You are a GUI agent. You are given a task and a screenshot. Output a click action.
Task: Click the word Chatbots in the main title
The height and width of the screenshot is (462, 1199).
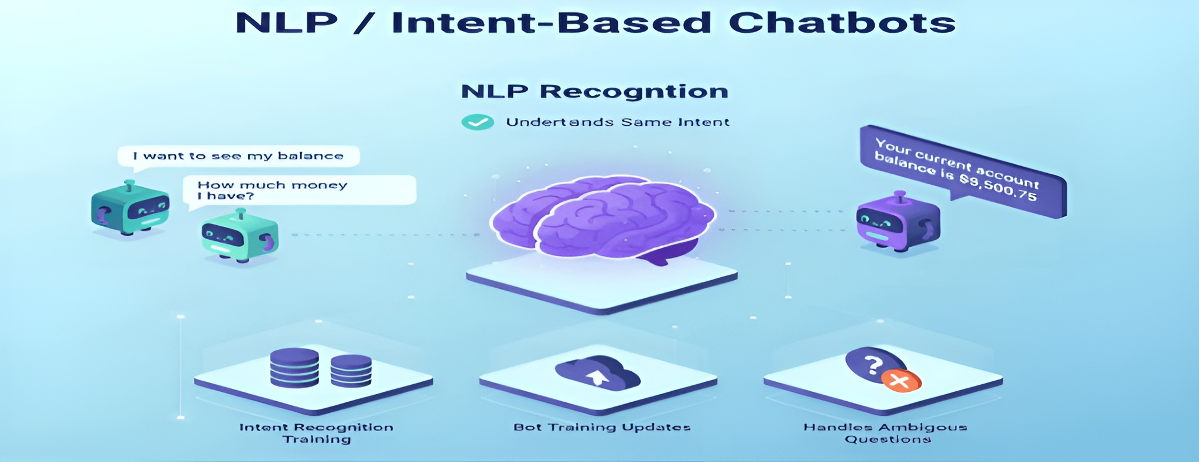842,23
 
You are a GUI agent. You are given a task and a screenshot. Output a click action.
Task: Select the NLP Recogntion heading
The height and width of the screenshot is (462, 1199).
595,92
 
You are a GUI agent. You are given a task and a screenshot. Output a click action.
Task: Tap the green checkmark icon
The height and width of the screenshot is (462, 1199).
478,122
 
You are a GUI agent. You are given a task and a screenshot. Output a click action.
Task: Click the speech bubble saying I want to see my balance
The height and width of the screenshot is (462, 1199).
238,156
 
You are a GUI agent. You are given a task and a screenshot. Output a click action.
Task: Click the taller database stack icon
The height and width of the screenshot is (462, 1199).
294,367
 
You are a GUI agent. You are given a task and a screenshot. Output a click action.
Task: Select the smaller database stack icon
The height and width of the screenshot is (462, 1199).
351,370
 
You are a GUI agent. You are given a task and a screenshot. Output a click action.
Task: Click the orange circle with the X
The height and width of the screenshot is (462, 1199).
901,381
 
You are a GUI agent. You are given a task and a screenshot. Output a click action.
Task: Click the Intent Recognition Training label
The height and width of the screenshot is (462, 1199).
316,433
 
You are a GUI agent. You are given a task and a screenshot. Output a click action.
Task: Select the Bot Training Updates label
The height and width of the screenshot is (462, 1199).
602,427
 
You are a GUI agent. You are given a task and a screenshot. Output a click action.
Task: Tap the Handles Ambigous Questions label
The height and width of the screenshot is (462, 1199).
885,433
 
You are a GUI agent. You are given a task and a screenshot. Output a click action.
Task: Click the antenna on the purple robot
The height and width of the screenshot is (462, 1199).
900,196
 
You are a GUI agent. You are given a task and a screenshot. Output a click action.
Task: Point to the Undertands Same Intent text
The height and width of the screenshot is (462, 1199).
618,122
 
